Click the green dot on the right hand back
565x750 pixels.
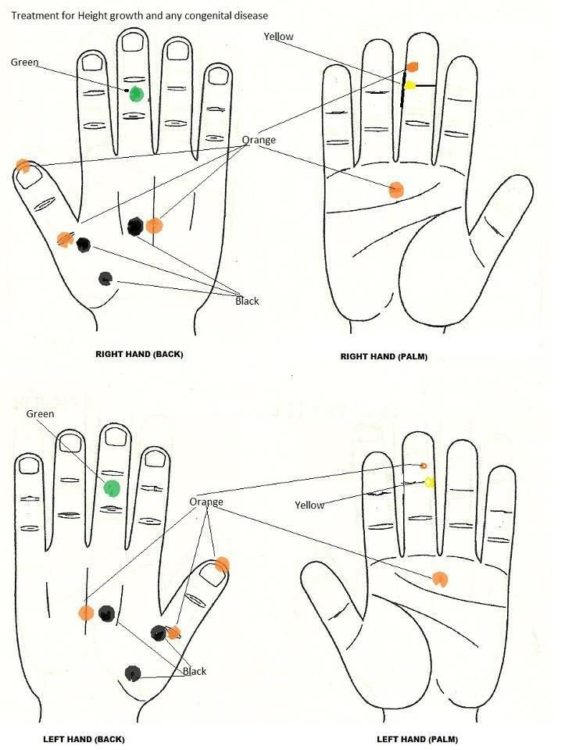[136, 95]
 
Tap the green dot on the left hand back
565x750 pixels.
[112, 487]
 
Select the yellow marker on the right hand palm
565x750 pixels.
[409, 86]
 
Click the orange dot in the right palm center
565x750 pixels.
[396, 190]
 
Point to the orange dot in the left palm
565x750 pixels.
[440, 579]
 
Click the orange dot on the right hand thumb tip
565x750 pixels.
[23, 166]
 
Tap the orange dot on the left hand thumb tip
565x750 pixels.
[222, 564]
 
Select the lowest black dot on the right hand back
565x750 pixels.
[105, 278]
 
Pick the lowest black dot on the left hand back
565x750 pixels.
[133, 673]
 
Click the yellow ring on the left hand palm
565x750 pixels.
[429, 482]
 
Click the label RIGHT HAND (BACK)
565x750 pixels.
[139, 355]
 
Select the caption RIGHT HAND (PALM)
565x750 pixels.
[384, 356]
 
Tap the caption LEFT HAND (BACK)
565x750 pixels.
[84, 739]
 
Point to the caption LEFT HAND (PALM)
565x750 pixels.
[417, 739]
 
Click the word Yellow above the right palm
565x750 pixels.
[278, 37]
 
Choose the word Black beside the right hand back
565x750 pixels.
[247, 301]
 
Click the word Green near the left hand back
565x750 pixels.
[40, 414]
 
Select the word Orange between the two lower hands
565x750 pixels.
[206, 502]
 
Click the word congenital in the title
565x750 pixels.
[208, 16]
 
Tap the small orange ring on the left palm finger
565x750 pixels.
[423, 466]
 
